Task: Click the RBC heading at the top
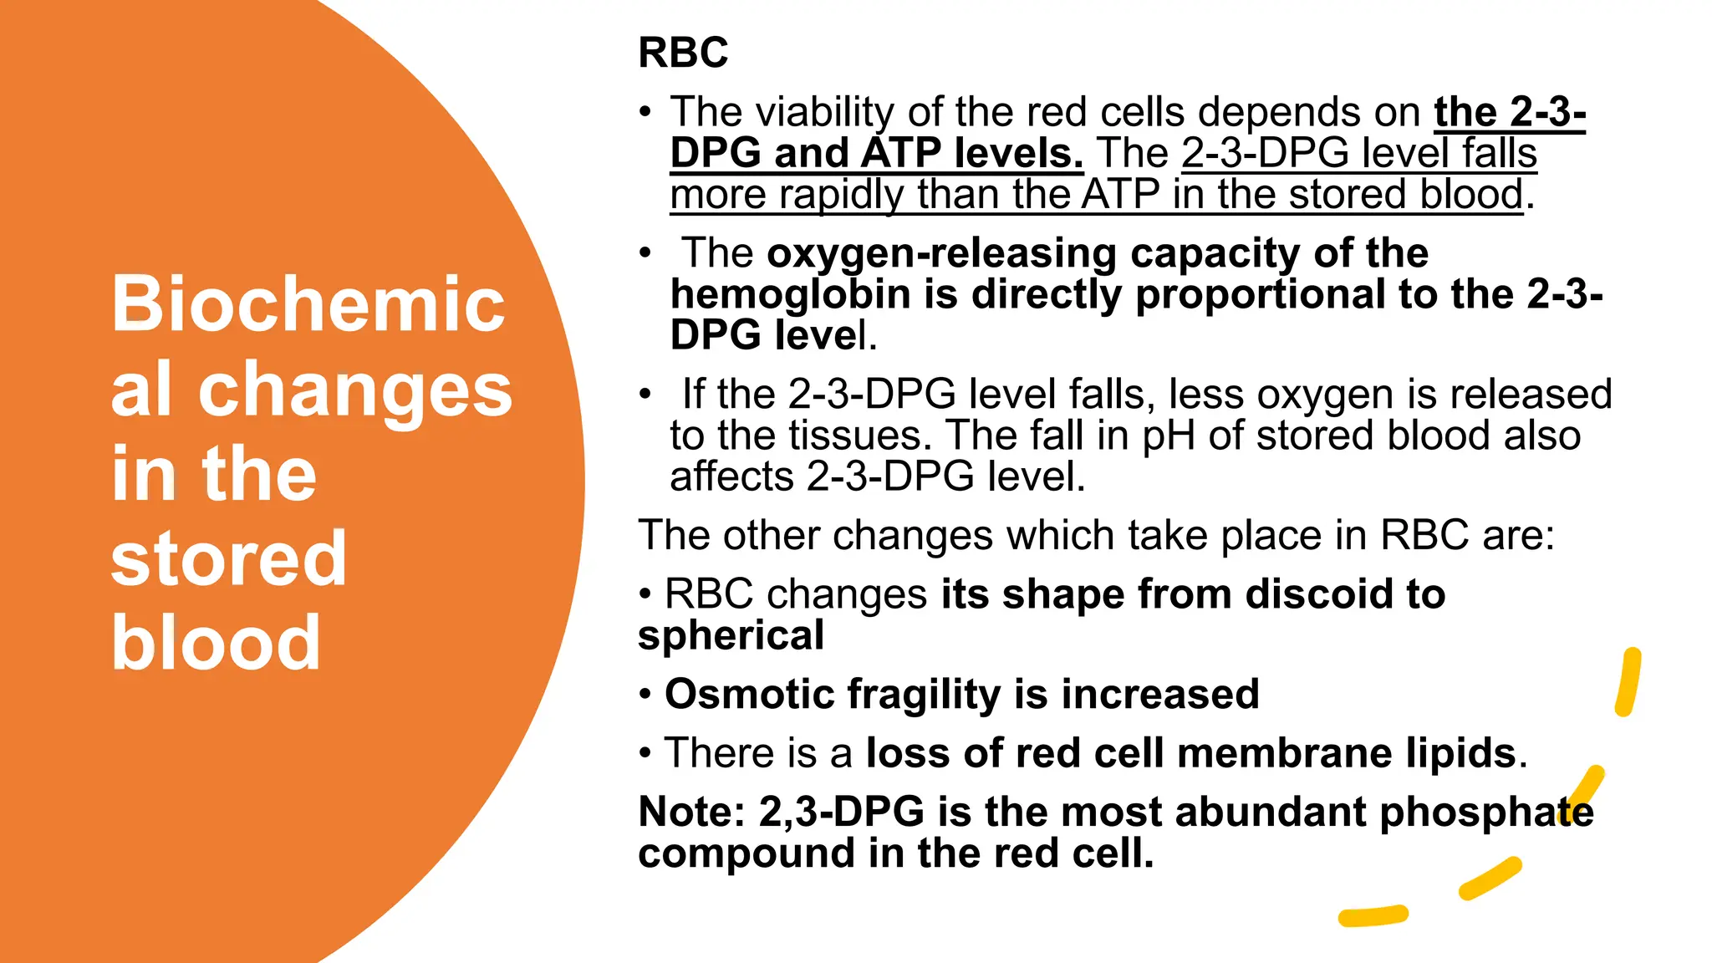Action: click(682, 53)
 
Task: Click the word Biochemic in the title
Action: click(308, 304)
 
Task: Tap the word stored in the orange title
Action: click(228, 558)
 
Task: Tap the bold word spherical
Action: click(731, 635)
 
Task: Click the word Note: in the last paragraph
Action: click(691, 813)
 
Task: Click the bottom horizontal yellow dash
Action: click(1373, 916)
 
